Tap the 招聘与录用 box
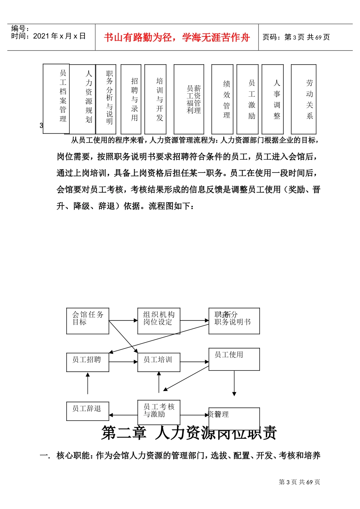pyautogui.click(x=131, y=99)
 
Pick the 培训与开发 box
pyautogui.click(x=155, y=99)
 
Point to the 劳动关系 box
pyautogui.click(x=304, y=99)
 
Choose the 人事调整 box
pyautogui.click(x=272, y=99)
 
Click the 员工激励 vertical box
pyautogui.click(x=247, y=99)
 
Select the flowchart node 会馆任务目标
pyautogui.click(x=88, y=321)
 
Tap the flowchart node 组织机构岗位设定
pyautogui.click(x=158, y=321)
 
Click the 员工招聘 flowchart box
pyautogui.click(x=88, y=362)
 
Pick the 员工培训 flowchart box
pyautogui.click(x=158, y=362)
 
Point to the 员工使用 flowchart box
pyautogui.click(x=234, y=359)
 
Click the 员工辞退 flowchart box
pyautogui.click(x=88, y=411)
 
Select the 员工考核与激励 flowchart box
pyautogui.click(x=158, y=412)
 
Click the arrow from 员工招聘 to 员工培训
pyautogui.click(x=123, y=362)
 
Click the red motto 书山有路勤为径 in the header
pyautogui.click(x=177, y=37)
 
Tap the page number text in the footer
pyautogui.click(x=299, y=482)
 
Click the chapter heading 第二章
pyautogui.click(x=124, y=433)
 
